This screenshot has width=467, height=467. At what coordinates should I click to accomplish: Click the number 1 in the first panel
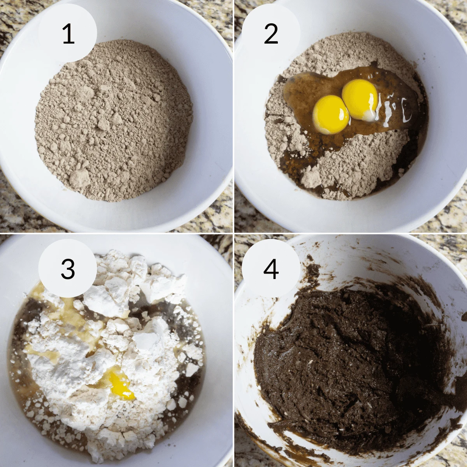[68, 34]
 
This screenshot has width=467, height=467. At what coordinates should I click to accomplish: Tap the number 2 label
[271, 34]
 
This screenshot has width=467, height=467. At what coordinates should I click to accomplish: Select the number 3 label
[68, 269]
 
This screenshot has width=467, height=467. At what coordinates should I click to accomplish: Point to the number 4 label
[271, 269]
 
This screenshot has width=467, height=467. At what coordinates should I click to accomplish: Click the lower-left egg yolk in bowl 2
[331, 114]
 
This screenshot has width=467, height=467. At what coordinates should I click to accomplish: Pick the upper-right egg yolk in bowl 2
[360, 100]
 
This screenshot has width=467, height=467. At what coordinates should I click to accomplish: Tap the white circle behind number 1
[68, 33]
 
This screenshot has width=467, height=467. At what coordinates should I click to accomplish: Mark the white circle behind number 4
[271, 268]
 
